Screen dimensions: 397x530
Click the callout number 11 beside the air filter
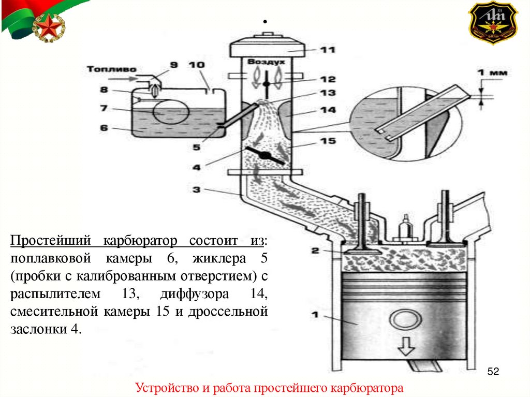click(x=327, y=50)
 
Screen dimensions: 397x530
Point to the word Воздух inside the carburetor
click(x=266, y=62)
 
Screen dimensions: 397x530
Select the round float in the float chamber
click(x=170, y=110)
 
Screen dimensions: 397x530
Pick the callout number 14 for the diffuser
click(x=327, y=110)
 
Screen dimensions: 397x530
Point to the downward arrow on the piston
click(x=406, y=345)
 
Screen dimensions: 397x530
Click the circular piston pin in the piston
click(x=403, y=319)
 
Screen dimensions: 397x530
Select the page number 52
click(x=493, y=371)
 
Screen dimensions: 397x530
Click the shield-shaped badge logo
click(x=493, y=23)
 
